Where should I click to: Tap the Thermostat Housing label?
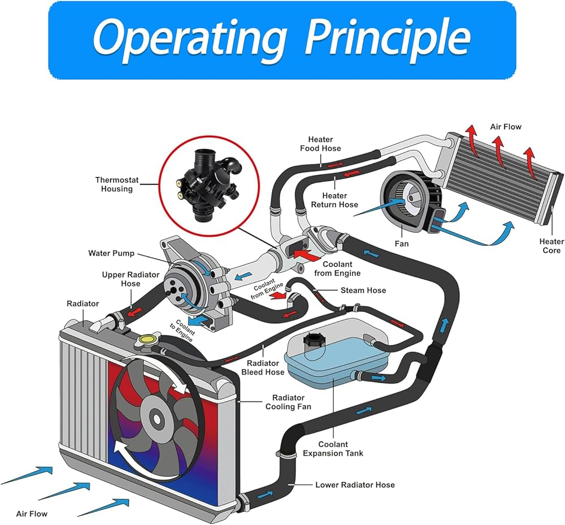pyautogui.click(x=117, y=184)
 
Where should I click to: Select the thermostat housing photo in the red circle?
pyautogui.click(x=210, y=186)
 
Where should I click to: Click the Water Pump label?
pyautogui.click(x=111, y=253)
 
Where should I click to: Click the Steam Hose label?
pyautogui.click(x=363, y=290)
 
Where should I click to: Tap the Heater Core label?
pyautogui.click(x=551, y=246)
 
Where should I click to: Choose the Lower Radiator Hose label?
pyautogui.click(x=355, y=485)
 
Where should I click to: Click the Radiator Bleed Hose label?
pyautogui.click(x=263, y=367)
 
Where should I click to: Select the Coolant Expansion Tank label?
pyautogui.click(x=333, y=449)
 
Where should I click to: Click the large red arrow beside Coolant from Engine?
pyautogui.click(x=307, y=254)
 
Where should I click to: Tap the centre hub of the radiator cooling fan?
pyautogui.click(x=157, y=419)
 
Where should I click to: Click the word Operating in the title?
pyautogui.click(x=190, y=40)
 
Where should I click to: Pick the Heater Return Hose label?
pyautogui.click(x=334, y=200)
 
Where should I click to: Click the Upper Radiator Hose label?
pyautogui.click(x=131, y=279)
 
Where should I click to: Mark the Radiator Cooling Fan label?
pyautogui.click(x=288, y=402)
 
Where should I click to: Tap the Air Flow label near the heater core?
pyautogui.click(x=506, y=127)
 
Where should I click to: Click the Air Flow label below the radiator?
pyautogui.click(x=32, y=514)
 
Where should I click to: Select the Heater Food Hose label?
pyautogui.click(x=320, y=144)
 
